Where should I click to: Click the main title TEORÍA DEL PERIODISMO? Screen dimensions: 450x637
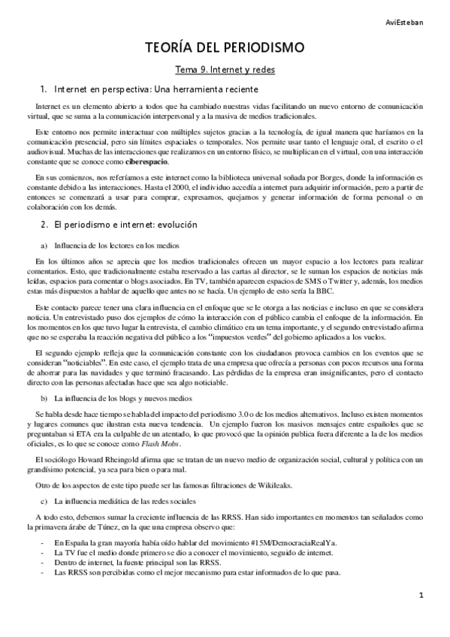click(225, 50)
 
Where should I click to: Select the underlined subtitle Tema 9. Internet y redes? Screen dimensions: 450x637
click(225, 70)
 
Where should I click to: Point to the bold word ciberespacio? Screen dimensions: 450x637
click(147, 162)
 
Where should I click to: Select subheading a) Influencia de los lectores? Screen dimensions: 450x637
click(112, 246)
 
